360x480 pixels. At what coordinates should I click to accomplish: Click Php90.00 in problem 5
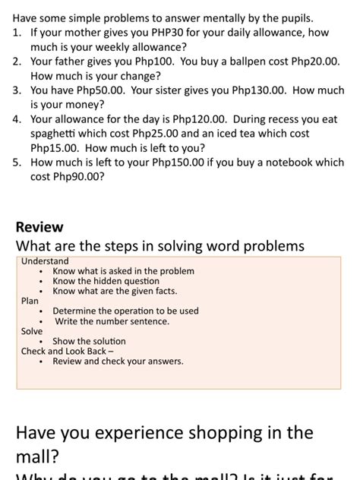pyautogui.click(x=78, y=176)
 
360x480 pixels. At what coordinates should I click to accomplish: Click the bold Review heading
pyautogui.click(x=39, y=227)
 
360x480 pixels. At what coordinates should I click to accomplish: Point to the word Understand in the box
pyautogui.click(x=45, y=261)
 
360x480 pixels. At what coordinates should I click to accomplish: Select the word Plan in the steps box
pyautogui.click(x=30, y=301)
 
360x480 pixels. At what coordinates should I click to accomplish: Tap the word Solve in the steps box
pyautogui.click(x=32, y=331)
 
